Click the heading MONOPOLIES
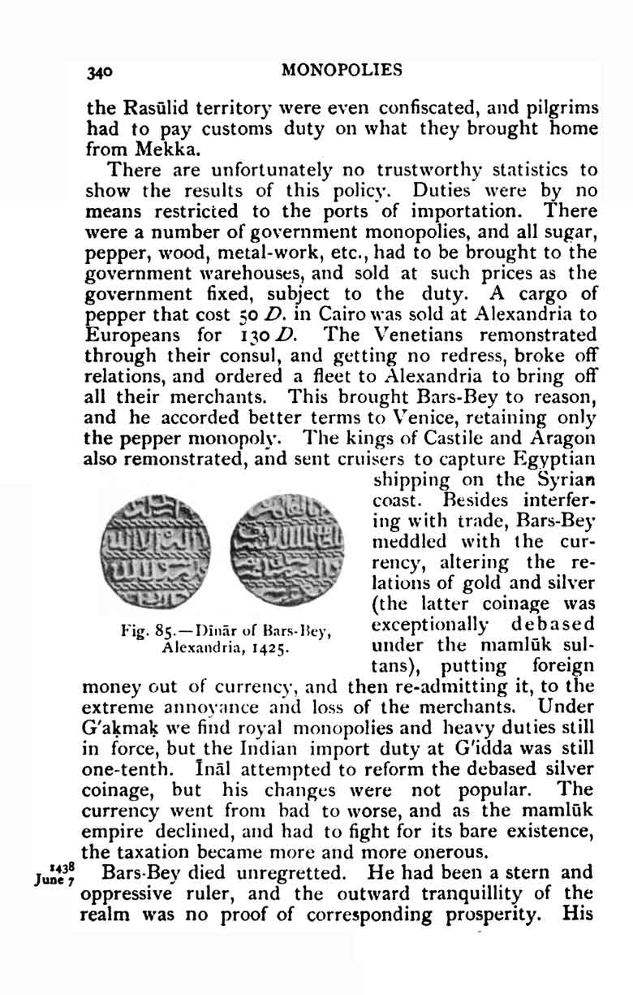click(341, 70)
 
